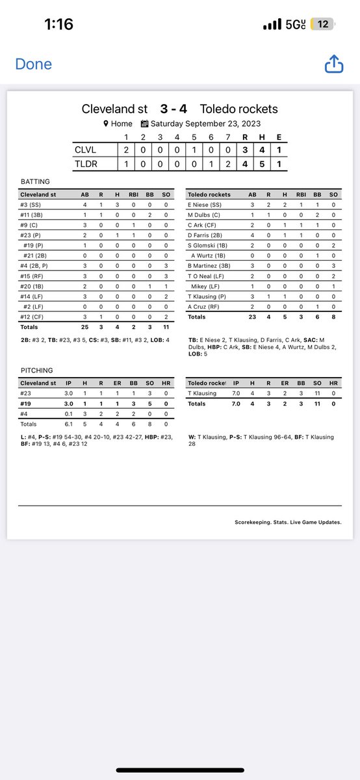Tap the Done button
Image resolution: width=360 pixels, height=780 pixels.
(x=33, y=64)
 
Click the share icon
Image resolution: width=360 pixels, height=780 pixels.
(x=333, y=64)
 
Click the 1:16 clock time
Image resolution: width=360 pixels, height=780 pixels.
(x=58, y=25)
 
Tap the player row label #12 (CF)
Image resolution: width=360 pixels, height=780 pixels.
(x=32, y=316)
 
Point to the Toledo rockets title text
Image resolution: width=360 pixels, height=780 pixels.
(x=238, y=109)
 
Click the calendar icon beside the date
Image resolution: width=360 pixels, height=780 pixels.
(x=145, y=123)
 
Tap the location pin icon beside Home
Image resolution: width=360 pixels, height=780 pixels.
(x=106, y=123)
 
